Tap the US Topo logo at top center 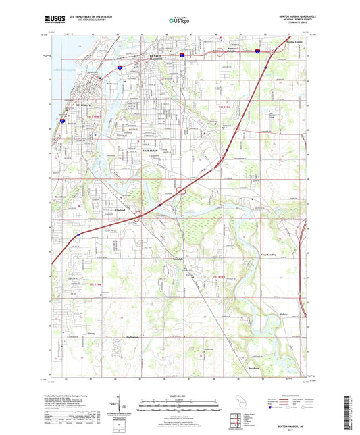(179, 21)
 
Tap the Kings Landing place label (268, 255)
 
